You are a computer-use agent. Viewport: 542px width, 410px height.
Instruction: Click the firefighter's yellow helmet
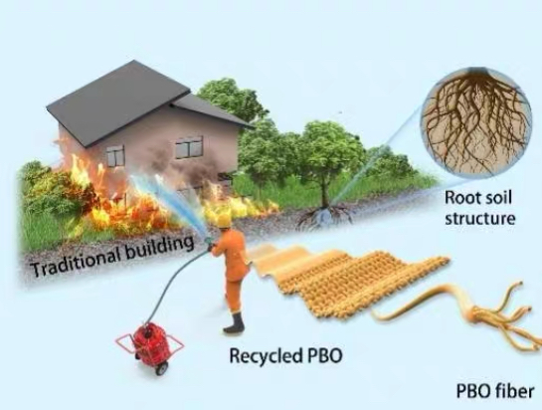point(224,220)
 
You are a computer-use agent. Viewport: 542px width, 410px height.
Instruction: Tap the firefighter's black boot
point(235,322)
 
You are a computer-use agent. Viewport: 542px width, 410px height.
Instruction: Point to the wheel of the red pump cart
point(161,369)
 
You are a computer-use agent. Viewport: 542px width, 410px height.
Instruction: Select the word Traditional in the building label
point(76,261)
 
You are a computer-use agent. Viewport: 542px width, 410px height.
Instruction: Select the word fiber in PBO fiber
point(515,391)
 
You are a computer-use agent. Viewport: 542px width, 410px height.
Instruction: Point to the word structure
point(479,219)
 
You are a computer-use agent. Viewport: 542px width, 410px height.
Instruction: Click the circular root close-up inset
point(476,123)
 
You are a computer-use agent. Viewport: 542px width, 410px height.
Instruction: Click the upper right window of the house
point(189,147)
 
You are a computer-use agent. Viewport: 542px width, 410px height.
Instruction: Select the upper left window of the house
point(115,155)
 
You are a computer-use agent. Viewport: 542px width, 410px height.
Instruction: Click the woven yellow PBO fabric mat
point(349,281)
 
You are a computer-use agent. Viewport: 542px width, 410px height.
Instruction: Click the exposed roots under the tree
point(324,215)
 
